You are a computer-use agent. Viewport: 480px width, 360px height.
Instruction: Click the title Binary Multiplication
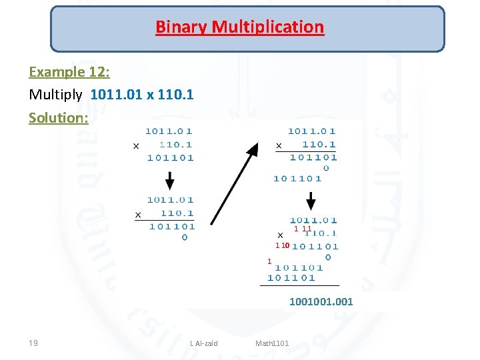point(239,27)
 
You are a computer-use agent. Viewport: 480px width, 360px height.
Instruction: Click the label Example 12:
point(69,72)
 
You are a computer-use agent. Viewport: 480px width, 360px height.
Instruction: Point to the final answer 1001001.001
point(321,302)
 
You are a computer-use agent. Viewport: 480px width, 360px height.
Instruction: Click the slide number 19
point(33,343)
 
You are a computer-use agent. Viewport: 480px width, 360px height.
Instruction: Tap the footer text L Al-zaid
point(203,343)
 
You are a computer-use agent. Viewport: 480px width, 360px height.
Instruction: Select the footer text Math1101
point(272,343)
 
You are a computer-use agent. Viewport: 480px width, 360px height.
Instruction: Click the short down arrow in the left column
point(170,180)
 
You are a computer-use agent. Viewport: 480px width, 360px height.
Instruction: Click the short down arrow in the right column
point(310,200)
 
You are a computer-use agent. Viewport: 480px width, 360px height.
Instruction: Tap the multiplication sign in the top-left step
point(136,145)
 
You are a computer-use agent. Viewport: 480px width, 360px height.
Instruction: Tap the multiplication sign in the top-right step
point(279,145)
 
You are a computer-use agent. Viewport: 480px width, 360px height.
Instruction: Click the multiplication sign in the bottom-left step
point(138,215)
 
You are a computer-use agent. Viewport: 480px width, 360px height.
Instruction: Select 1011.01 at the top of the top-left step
point(170,131)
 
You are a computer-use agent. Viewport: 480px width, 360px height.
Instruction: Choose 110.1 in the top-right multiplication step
point(319,144)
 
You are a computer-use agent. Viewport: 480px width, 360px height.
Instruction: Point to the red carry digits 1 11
point(303,229)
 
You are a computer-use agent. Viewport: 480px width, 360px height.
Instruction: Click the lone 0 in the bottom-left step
point(184,237)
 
